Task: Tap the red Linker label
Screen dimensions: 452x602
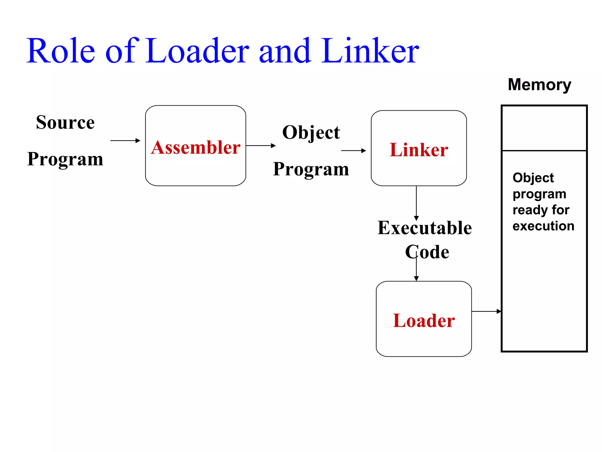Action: [419, 150]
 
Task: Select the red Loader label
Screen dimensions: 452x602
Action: [424, 320]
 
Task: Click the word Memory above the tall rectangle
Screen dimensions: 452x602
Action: [539, 85]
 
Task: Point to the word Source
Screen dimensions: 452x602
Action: [65, 122]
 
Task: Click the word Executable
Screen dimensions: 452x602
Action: [424, 228]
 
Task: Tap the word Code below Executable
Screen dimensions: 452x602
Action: [427, 252]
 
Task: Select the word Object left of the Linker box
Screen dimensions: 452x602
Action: [311, 132]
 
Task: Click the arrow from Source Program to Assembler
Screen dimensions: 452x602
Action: [125, 141]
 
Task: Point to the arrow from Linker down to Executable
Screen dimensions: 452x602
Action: [416, 203]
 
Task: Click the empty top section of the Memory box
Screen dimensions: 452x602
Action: [544, 128]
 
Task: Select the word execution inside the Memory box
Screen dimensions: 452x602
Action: [543, 226]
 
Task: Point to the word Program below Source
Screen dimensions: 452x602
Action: [65, 159]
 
